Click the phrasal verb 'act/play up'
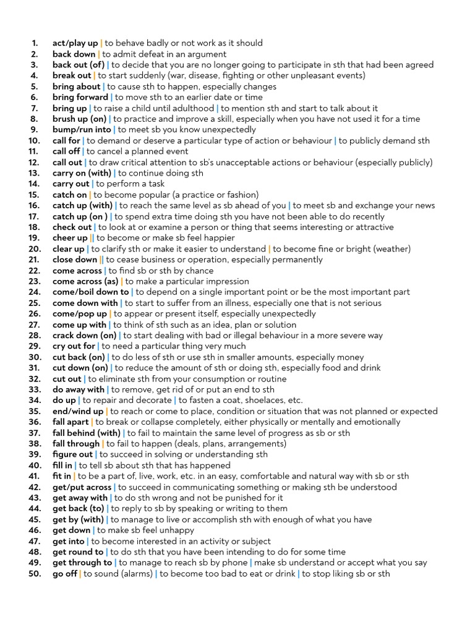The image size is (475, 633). point(75,43)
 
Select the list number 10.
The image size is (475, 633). point(34,141)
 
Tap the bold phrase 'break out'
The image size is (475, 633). point(72,76)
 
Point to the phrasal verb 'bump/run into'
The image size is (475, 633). point(82,130)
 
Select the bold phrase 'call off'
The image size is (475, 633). point(67,151)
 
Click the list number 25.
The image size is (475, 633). point(34,303)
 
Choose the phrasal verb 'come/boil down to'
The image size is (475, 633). point(91,292)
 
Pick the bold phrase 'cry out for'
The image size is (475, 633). point(74,346)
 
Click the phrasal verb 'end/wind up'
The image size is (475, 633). point(78,411)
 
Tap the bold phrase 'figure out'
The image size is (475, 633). point(73,454)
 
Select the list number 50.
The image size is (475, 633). point(34,574)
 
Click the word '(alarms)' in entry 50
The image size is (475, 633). point(135,574)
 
